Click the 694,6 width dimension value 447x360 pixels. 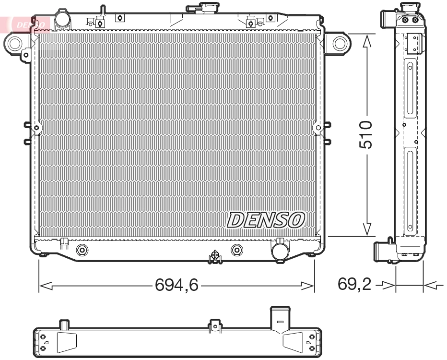click(176, 286)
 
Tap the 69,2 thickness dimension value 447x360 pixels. click(354, 285)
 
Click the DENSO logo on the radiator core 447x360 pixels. click(265, 219)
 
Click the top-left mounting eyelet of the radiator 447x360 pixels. click(14, 44)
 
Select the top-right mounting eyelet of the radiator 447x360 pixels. click(340, 43)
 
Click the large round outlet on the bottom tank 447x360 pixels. click(279, 250)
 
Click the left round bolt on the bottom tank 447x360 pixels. click(82, 250)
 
